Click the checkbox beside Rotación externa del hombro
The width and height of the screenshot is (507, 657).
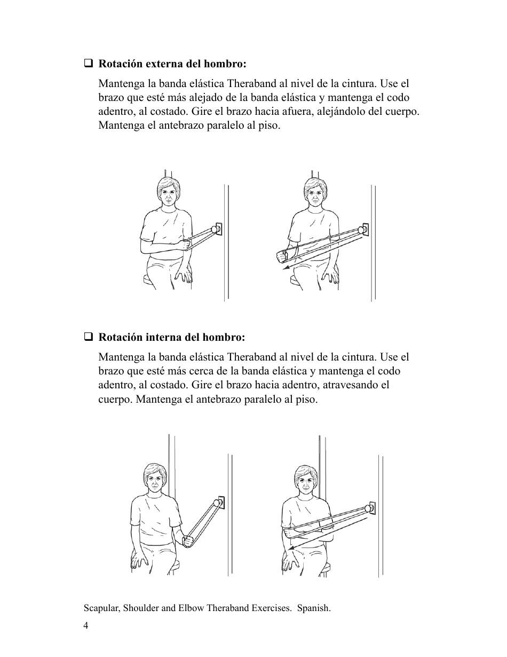coord(88,64)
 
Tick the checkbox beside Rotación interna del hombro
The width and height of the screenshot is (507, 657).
coord(88,338)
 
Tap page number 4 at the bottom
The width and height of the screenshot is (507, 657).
coord(86,626)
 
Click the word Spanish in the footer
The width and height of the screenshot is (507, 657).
coord(313,608)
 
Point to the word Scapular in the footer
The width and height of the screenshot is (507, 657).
coord(101,608)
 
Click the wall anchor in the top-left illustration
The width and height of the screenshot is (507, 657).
coord(216,230)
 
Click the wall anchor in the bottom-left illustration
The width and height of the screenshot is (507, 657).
coord(219,502)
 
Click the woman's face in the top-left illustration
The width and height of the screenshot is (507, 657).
coord(168,193)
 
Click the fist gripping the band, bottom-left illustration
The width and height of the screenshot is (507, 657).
coord(187,542)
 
